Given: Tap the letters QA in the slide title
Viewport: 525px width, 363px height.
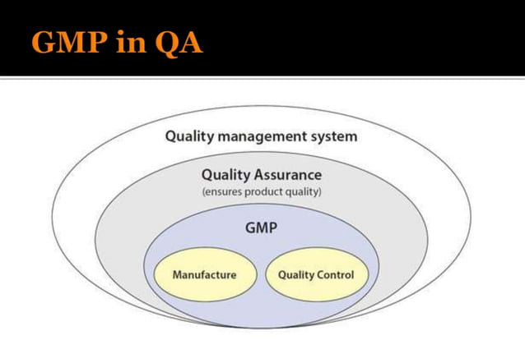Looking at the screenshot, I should coord(177,43).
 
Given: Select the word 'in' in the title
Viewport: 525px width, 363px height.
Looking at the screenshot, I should coord(130,43).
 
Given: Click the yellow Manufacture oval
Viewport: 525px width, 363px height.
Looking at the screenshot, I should coord(203,274).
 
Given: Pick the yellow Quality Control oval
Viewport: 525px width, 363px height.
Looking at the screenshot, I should coord(316,274).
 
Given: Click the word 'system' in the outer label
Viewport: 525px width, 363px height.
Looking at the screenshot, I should coord(332,136).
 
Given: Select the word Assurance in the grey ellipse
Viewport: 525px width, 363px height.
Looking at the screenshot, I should coord(287,175).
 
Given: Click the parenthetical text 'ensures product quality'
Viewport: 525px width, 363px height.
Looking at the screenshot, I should coord(262,192).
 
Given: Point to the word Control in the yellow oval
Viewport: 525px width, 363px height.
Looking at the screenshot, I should coord(336,274).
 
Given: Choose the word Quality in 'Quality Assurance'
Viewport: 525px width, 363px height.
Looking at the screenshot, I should coord(225,175).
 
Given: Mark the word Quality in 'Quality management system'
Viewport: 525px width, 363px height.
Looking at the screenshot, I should coord(188,136).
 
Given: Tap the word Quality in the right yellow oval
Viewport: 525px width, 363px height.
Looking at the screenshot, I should coord(295,274).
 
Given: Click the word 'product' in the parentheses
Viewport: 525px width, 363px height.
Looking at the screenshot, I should coord(262,192).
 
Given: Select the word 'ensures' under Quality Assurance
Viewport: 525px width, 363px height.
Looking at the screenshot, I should coord(222,192).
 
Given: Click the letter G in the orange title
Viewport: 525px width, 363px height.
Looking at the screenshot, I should coord(44,43).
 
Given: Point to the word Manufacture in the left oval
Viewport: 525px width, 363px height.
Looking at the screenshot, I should coord(203,274).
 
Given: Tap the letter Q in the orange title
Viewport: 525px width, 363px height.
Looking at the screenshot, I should coord(166,43).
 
